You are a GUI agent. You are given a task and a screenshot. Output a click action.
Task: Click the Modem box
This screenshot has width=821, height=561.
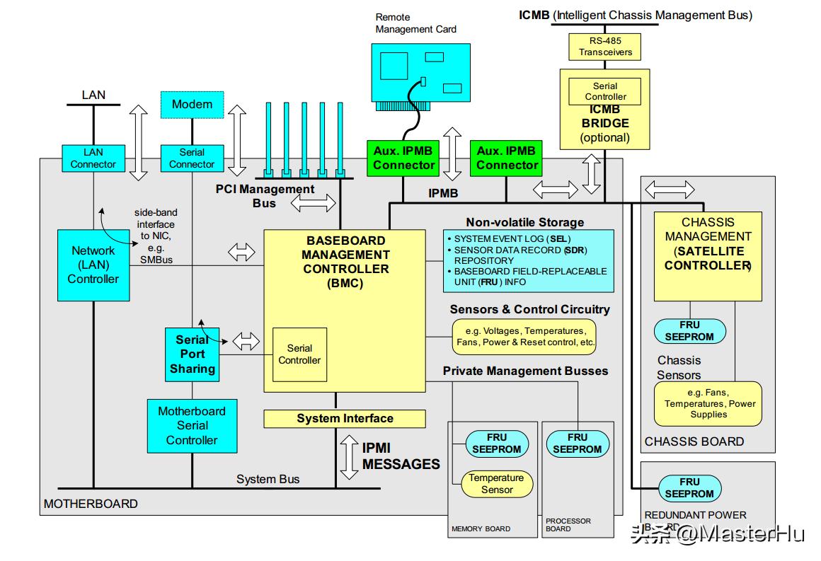pos(192,105)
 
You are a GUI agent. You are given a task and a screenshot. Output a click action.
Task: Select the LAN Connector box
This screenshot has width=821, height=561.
pos(93,158)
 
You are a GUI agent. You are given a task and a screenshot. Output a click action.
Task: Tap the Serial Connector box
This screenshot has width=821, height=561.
pos(192,158)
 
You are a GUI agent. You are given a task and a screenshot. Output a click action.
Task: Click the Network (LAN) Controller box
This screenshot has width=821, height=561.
pos(93,265)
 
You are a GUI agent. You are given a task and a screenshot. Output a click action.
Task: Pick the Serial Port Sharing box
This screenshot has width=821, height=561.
pos(192,354)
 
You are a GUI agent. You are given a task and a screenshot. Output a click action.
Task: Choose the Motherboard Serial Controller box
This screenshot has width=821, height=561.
pos(192,425)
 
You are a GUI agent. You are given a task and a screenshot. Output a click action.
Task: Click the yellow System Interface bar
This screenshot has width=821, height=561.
pos(345,419)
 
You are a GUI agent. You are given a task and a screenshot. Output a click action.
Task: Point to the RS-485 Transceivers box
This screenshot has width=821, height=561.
pos(605,47)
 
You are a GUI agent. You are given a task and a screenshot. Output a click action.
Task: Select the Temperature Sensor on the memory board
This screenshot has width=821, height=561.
pos(497,483)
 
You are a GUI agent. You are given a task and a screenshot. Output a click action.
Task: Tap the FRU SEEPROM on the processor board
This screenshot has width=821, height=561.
pos(578,444)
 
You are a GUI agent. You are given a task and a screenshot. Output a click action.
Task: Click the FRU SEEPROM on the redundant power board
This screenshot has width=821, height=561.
pos(689,488)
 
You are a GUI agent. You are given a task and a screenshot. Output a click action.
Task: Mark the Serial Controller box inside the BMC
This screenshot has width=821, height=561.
pos(299,354)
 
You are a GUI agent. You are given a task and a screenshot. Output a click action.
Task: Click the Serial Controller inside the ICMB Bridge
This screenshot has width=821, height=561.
pos(605,91)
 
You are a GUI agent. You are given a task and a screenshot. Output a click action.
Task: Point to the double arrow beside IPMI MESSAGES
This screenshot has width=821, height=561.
pos(349,456)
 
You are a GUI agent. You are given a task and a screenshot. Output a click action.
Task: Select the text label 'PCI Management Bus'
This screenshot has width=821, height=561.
pos(265,196)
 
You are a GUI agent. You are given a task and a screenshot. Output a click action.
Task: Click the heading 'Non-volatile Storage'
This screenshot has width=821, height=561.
pos(525,222)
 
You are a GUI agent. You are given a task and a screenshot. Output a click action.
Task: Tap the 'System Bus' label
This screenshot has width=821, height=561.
pos(268,479)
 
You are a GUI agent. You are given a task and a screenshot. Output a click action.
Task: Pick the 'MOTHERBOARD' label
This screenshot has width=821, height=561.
pos(91,504)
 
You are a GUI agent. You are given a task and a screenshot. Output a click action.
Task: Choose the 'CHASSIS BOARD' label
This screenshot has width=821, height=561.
pos(694,441)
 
